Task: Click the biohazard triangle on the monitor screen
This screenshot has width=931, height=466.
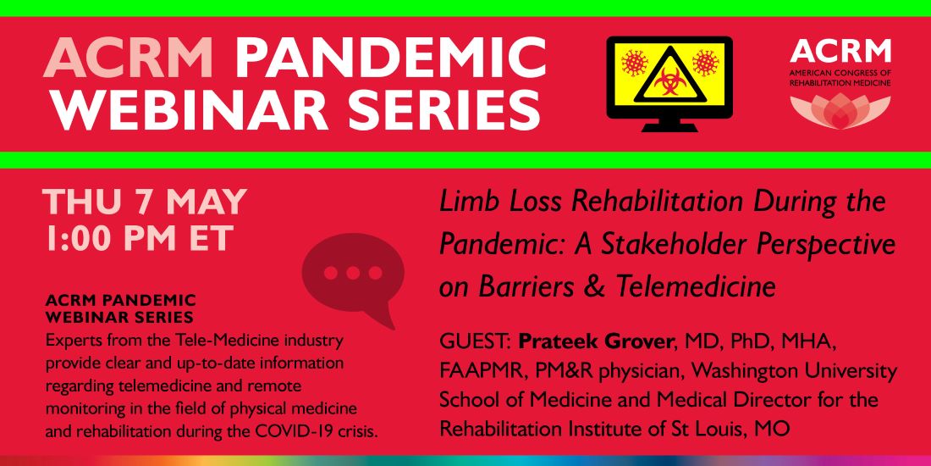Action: click(x=669, y=77)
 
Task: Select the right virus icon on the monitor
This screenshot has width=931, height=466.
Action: click(x=705, y=63)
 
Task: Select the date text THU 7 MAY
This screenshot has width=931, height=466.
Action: click(x=145, y=202)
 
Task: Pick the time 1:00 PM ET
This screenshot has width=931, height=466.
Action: click(x=137, y=238)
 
